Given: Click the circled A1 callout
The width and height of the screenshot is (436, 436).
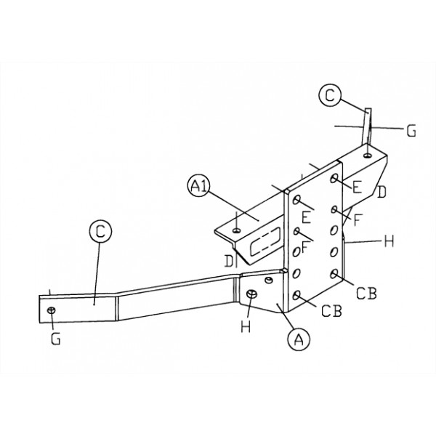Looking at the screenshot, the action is (198, 186).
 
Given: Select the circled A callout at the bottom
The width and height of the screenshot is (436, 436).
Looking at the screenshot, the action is (299, 339).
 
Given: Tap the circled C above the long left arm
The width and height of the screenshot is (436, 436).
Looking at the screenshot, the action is (100, 231).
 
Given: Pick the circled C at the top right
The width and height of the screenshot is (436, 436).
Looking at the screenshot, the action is (330, 95).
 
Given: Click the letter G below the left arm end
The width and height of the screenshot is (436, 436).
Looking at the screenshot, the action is (56, 339).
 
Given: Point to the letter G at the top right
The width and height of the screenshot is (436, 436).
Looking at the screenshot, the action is (411, 131).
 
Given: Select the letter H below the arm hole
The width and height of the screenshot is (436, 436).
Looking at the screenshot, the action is (246, 326).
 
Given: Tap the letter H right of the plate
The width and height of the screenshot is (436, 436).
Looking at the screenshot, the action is (389, 241).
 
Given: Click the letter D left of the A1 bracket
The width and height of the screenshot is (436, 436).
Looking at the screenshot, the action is (229, 261).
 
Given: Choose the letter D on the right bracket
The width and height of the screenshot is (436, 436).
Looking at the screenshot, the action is (381, 192).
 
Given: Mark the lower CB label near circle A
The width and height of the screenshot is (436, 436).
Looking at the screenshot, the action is (331, 311).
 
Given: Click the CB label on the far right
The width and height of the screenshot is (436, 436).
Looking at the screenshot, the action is (366, 293).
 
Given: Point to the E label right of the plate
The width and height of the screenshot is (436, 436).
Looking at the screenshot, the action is (358, 187).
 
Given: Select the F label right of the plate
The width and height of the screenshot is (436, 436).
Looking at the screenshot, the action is (358, 219).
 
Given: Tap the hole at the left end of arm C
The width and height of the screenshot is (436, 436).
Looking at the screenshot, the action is (52, 310).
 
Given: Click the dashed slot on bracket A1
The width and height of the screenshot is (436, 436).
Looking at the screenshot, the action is (265, 241).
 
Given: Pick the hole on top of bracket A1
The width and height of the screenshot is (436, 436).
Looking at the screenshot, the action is (237, 230).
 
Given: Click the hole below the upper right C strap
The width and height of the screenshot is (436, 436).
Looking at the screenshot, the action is (368, 156).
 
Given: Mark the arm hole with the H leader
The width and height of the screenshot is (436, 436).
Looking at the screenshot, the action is (251, 294).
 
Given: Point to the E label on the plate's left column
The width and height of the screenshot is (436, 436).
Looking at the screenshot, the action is (306, 217).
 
